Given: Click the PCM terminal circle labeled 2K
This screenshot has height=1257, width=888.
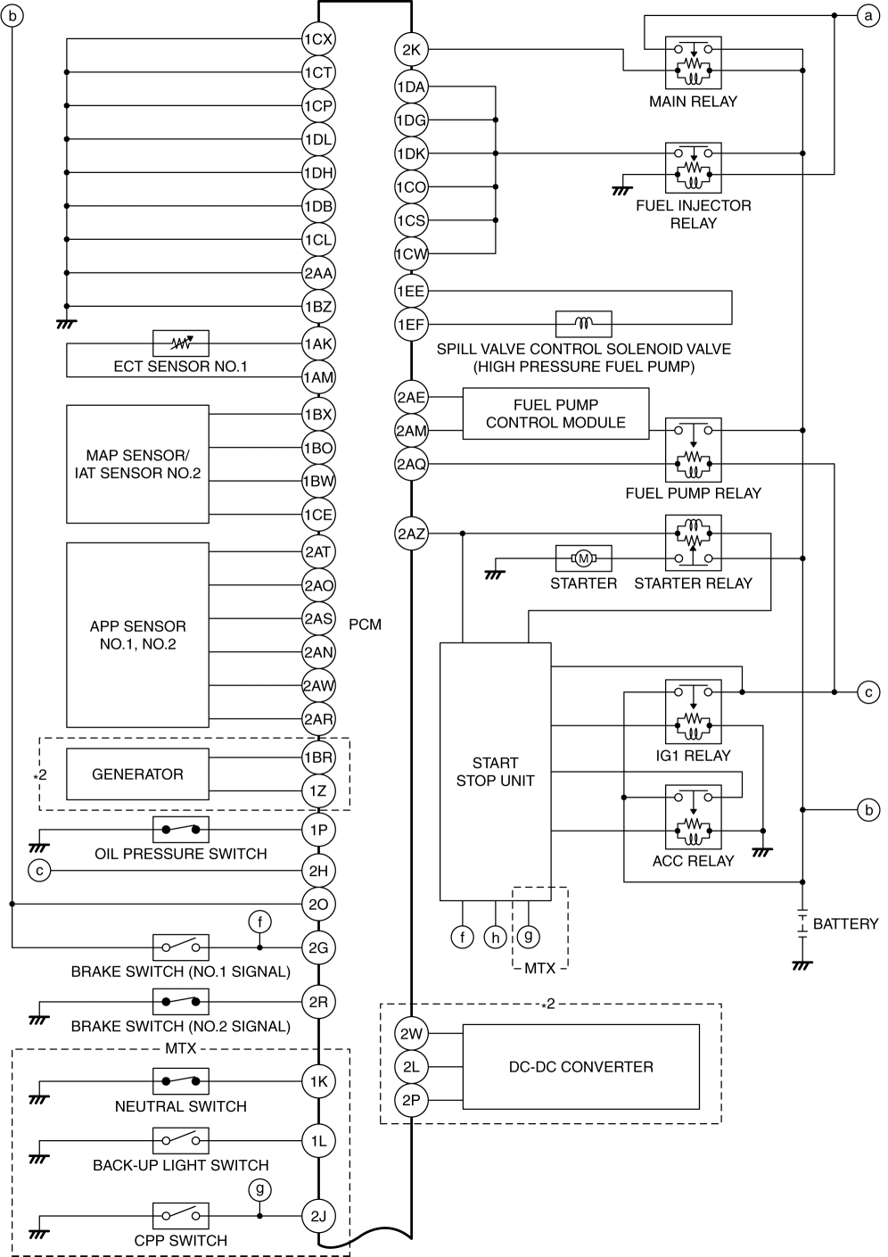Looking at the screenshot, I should [411, 50].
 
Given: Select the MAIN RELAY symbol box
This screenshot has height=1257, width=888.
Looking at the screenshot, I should [693, 62].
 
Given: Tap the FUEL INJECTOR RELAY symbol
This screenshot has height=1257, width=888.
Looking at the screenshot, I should [693, 168].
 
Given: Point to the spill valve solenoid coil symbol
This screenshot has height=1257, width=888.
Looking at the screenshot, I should [583, 324].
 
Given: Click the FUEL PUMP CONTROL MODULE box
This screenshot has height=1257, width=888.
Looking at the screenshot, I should [555, 414].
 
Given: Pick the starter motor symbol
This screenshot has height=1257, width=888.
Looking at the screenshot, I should [583, 558].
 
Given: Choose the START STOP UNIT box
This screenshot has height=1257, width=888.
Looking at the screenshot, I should [495, 772].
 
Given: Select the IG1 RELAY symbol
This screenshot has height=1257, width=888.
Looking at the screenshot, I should [693, 712].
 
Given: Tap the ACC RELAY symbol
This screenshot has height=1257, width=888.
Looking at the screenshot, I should [693, 816].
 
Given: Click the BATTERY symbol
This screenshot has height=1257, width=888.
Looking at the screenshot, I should [802, 923].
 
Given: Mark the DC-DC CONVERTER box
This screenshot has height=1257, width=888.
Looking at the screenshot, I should [580, 1067].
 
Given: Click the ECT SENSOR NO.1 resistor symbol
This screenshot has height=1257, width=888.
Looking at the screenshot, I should [181, 343].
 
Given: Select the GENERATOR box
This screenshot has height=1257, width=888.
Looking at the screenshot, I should [137, 774].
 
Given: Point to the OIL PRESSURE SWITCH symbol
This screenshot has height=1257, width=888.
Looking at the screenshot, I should [181, 830].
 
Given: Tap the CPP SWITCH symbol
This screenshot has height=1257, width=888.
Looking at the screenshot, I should [181, 1216].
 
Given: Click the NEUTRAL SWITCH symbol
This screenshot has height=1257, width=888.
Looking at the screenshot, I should [181, 1082].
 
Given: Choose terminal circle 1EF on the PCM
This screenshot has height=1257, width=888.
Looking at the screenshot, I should [411, 325].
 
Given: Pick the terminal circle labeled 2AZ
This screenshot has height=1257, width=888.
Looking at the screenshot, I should [411, 534].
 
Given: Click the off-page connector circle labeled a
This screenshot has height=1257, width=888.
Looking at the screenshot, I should [867, 15].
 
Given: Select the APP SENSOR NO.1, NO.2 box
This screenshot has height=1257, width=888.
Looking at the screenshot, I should [137, 635].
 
